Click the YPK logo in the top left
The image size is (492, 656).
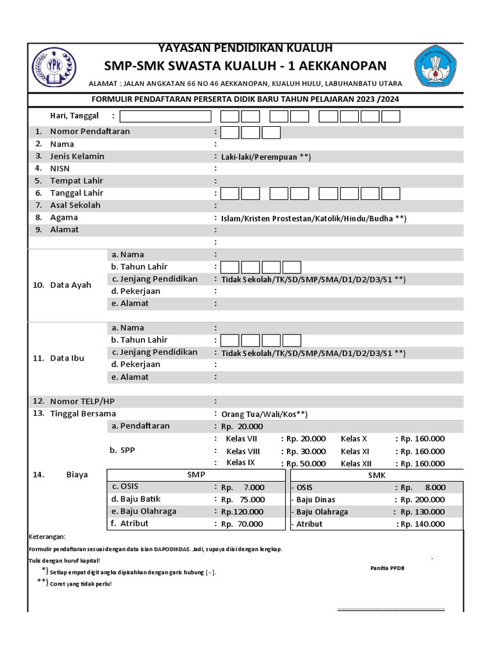pos(53,68)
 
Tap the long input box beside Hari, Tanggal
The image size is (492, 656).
pos(165,116)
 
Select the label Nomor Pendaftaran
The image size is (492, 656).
pos(90,131)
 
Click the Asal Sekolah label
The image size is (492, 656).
pos(75,205)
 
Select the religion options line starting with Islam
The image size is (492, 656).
pos(313,218)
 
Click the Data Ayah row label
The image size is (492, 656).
pos(70,285)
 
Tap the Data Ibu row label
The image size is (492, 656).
pos(67,358)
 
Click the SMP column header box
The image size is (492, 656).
pos(196,475)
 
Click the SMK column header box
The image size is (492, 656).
pos(377,475)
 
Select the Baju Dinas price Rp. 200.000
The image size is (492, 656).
pos(422,500)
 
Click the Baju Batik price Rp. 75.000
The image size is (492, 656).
pos(242,500)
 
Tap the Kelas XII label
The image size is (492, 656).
pos(356,463)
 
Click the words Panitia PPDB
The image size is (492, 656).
pos(388,568)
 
